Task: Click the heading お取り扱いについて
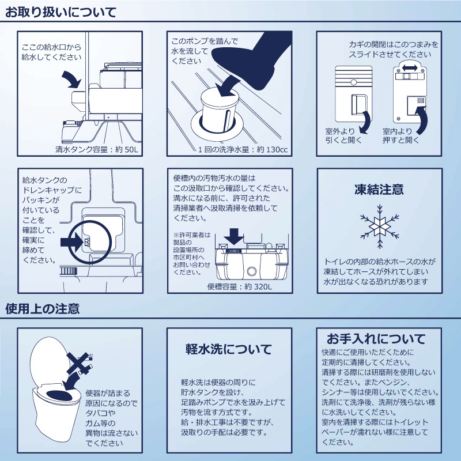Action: coord(61,12)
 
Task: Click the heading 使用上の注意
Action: coord(43,308)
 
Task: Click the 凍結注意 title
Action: coord(379,189)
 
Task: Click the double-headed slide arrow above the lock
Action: coord(410,68)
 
